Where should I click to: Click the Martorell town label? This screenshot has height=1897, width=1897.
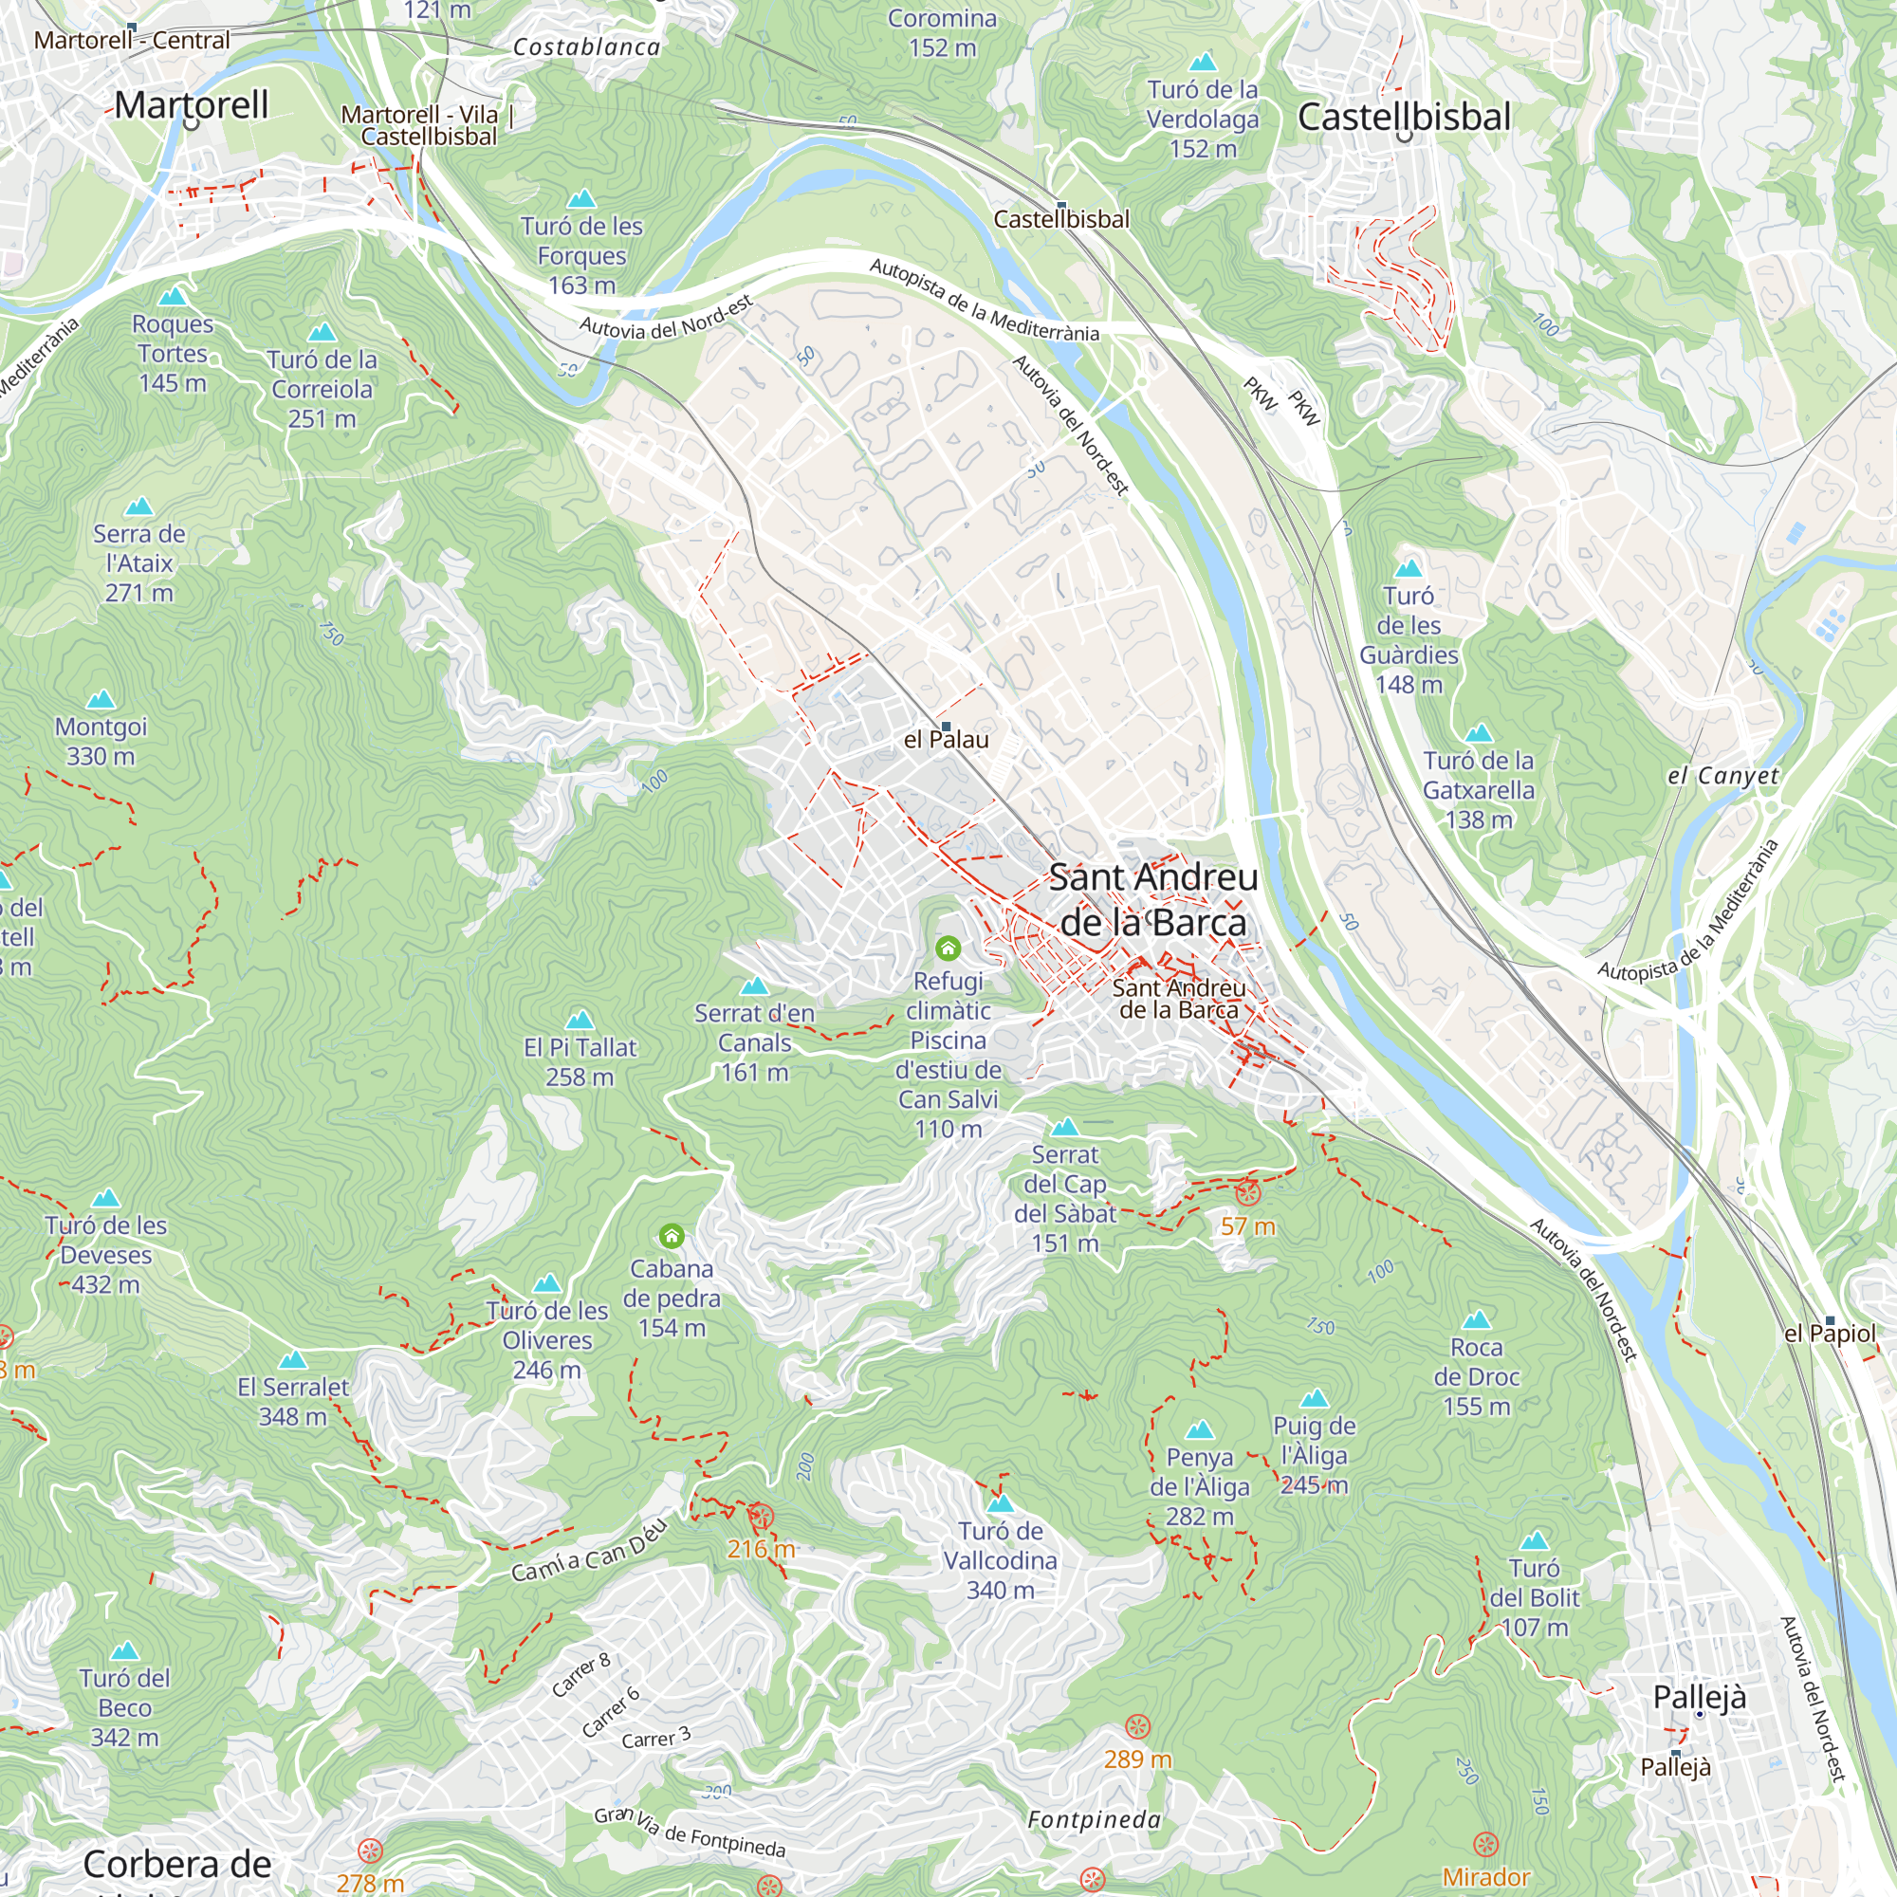191,105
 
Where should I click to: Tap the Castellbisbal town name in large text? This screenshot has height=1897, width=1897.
1403,117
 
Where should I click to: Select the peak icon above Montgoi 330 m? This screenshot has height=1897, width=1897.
101,700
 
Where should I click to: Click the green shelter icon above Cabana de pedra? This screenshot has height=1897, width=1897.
672,1235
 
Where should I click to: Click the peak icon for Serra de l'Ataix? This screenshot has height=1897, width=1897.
139,506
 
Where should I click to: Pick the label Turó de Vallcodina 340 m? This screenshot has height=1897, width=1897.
1000,1560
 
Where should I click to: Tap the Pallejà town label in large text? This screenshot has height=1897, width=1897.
1699,1697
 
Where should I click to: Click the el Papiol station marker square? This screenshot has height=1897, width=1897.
1830,1320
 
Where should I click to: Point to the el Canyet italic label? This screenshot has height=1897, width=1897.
1723,776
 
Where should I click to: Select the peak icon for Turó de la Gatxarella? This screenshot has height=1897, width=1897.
1479,733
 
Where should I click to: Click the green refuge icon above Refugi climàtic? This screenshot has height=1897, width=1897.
948,948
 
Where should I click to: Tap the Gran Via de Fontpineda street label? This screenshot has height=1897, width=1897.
690,1833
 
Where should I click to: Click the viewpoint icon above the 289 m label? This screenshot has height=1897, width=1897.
1137,1727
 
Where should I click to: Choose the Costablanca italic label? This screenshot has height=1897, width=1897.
587,47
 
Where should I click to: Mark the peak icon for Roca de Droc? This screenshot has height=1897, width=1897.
1477,1319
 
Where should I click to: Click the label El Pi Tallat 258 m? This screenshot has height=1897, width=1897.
580,1061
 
